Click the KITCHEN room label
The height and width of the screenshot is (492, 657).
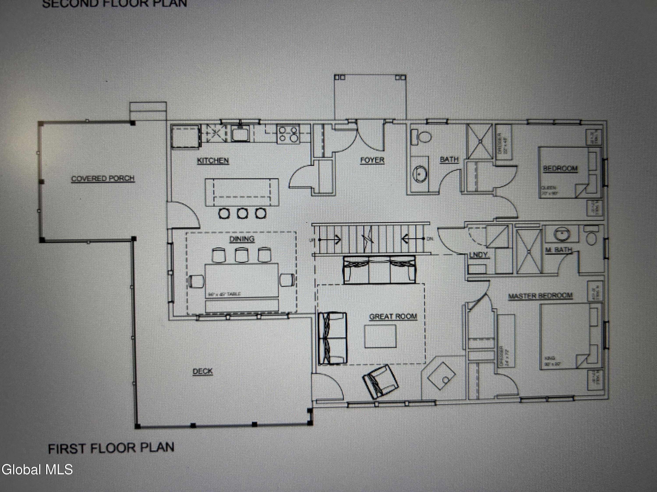point(213,161)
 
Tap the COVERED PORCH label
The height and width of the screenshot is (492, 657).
point(103,178)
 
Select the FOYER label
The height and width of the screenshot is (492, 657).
point(372,160)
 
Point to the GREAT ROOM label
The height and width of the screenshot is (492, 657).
point(393,317)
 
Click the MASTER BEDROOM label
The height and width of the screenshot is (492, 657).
point(540,296)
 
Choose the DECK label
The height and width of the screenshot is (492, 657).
point(203,371)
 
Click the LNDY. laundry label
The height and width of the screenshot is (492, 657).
point(479,255)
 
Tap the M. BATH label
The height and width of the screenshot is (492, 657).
point(558,250)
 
